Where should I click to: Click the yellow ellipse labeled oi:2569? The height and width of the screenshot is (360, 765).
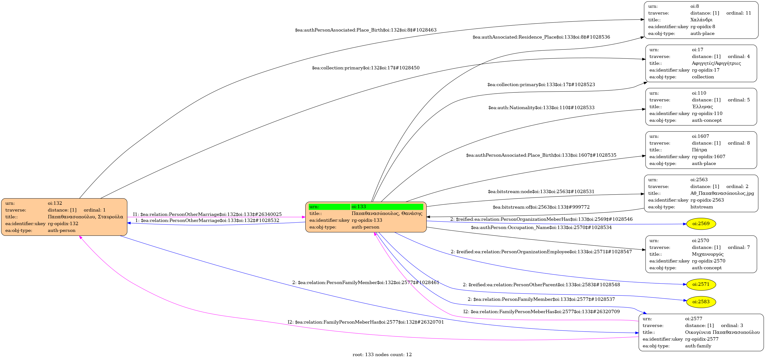click(701, 224)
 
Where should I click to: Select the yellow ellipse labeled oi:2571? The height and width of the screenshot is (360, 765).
click(701, 284)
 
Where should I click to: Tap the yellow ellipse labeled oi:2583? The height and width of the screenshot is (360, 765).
click(701, 302)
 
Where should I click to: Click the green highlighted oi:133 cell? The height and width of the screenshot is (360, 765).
click(387, 206)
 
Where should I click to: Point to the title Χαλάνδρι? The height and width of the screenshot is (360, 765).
click(701, 20)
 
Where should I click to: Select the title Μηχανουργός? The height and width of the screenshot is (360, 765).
click(707, 254)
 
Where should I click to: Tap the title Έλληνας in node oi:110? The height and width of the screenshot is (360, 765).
click(702, 106)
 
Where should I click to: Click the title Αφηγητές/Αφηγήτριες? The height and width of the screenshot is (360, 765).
click(716, 63)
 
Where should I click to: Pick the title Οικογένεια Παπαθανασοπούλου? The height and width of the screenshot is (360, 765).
click(722, 332)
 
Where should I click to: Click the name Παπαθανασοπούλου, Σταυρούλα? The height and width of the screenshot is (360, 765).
click(85, 217)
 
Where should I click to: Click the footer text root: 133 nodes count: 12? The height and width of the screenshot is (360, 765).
click(382, 354)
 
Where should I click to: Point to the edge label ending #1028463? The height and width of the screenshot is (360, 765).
click(366, 30)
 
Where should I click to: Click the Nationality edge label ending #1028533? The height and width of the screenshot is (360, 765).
click(541, 107)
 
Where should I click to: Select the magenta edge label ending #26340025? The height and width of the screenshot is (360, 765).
click(207, 214)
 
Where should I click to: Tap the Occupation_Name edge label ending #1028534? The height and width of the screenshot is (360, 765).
click(541, 227)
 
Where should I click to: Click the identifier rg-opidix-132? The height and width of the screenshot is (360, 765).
click(63, 223)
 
